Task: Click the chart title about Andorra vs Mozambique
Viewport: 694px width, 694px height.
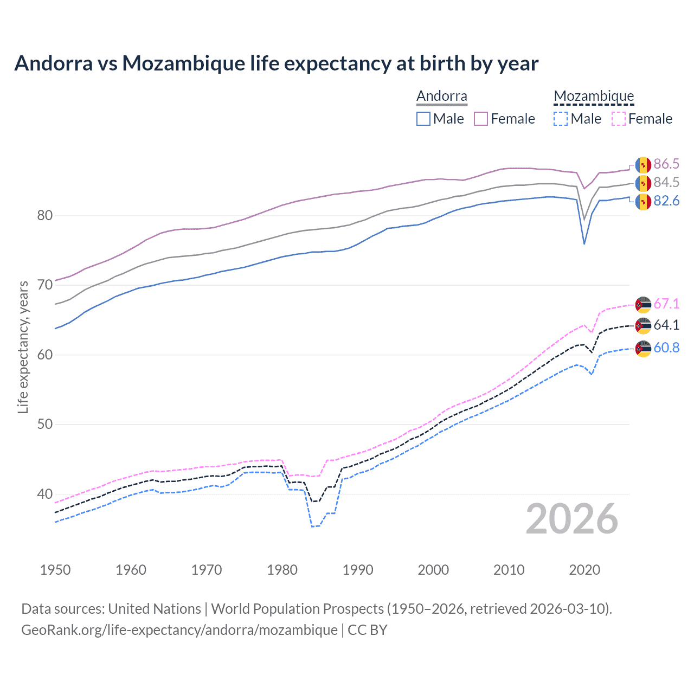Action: click(x=276, y=63)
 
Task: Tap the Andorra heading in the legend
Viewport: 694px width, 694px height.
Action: click(x=441, y=97)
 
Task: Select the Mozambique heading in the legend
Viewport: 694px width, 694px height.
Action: click(x=594, y=97)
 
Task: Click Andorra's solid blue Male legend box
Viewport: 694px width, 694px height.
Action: click(x=423, y=119)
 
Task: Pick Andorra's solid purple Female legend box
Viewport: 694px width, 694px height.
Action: click(x=481, y=119)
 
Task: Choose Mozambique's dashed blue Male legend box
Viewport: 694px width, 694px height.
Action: click(x=561, y=119)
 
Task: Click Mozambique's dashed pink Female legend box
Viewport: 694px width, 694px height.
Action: click(x=619, y=119)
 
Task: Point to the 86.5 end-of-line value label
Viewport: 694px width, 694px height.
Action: click(x=666, y=164)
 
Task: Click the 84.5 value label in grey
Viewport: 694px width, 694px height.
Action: click(x=666, y=183)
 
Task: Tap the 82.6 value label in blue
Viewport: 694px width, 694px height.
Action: click(x=666, y=201)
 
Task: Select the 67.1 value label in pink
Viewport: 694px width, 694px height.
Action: click(x=666, y=304)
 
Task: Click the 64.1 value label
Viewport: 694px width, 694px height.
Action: click(x=666, y=325)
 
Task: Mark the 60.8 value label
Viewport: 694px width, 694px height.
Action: click(x=666, y=348)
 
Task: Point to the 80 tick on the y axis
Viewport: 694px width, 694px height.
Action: click(x=45, y=216)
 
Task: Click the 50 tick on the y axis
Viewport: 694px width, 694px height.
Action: click(x=45, y=425)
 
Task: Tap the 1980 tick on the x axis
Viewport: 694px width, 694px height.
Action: click(x=282, y=570)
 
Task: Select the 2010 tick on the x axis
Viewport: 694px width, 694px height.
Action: click(x=509, y=570)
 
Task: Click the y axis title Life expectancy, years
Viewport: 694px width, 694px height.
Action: click(x=23, y=347)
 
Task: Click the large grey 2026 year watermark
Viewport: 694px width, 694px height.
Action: click(x=572, y=519)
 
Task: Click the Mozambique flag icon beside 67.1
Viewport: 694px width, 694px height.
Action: click(x=643, y=305)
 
